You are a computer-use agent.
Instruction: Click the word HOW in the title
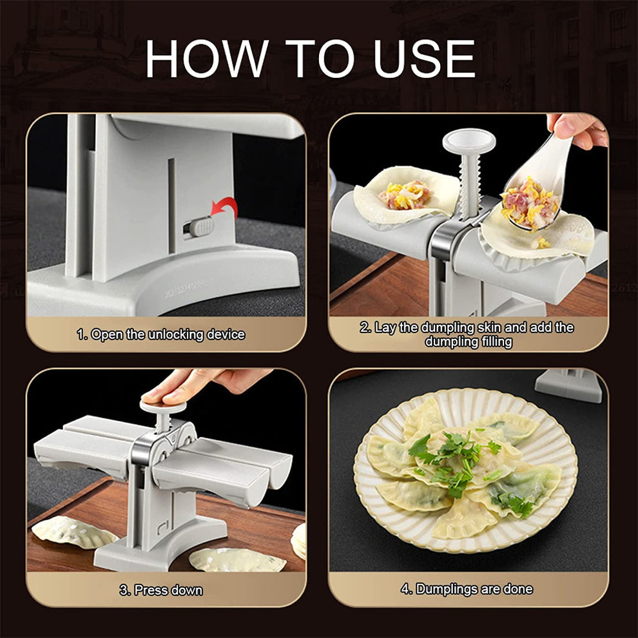(x=206, y=59)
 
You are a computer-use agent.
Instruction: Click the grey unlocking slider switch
(x=198, y=227)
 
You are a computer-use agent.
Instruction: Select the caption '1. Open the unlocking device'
(x=161, y=334)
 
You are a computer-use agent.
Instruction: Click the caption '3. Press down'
(x=161, y=590)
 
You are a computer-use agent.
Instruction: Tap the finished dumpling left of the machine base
(x=74, y=532)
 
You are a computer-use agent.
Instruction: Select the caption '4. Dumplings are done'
(x=467, y=589)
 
